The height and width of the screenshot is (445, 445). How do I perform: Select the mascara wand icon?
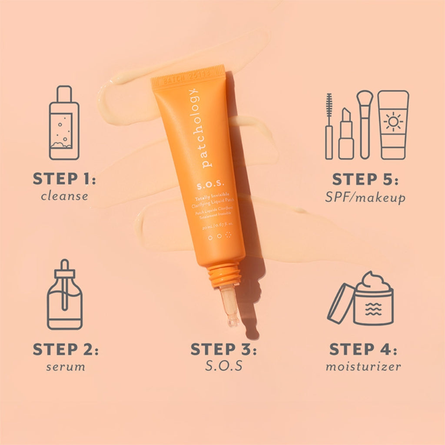point(329,126)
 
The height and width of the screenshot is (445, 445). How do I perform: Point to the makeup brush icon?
point(364,124)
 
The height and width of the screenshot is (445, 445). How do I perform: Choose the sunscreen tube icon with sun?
point(393,125)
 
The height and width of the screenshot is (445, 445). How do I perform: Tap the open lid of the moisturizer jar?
point(340,303)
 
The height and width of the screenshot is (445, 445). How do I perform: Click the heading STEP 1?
point(64,179)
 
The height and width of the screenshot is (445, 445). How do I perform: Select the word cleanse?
point(64,196)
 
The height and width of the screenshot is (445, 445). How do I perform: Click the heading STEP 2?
point(65,349)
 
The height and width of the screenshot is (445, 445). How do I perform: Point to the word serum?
point(66,367)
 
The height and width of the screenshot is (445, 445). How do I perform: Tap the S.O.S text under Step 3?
point(223,366)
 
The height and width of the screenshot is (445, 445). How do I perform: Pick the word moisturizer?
point(363,367)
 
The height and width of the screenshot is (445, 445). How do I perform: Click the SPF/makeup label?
point(365,198)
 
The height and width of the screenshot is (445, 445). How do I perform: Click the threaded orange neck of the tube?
point(224,275)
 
